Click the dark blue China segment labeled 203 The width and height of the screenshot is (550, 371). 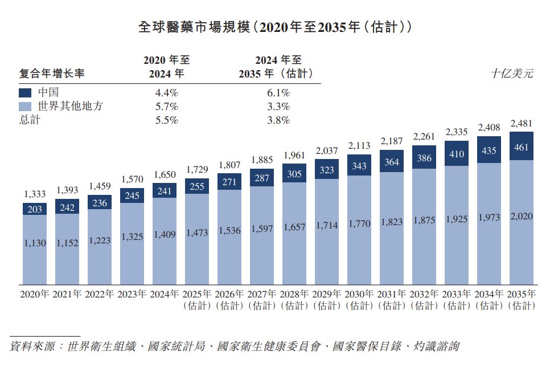35,209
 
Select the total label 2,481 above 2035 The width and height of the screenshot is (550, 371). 521,124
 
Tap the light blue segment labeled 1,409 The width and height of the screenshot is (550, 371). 165,241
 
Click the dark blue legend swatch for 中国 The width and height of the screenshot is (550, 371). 25,93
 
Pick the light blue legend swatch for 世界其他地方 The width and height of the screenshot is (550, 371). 25,107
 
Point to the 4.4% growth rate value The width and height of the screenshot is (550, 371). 167,93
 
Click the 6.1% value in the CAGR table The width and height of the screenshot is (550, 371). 278,93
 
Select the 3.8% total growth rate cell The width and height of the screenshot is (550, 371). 278,120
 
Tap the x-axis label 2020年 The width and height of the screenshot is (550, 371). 34,294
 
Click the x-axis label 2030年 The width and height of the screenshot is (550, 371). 359,294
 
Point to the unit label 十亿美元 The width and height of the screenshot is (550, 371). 512,74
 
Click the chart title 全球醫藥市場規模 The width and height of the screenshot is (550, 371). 194,27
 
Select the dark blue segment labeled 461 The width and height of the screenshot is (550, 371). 521,146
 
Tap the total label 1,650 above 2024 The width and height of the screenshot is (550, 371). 165,174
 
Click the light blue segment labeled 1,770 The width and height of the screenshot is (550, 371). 359,230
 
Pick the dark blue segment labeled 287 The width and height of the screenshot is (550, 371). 262,178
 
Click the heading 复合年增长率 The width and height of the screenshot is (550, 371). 52,74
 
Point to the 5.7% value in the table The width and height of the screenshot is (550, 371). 167,107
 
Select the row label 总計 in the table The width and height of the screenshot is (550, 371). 30,120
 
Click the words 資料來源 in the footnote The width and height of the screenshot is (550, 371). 32,346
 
